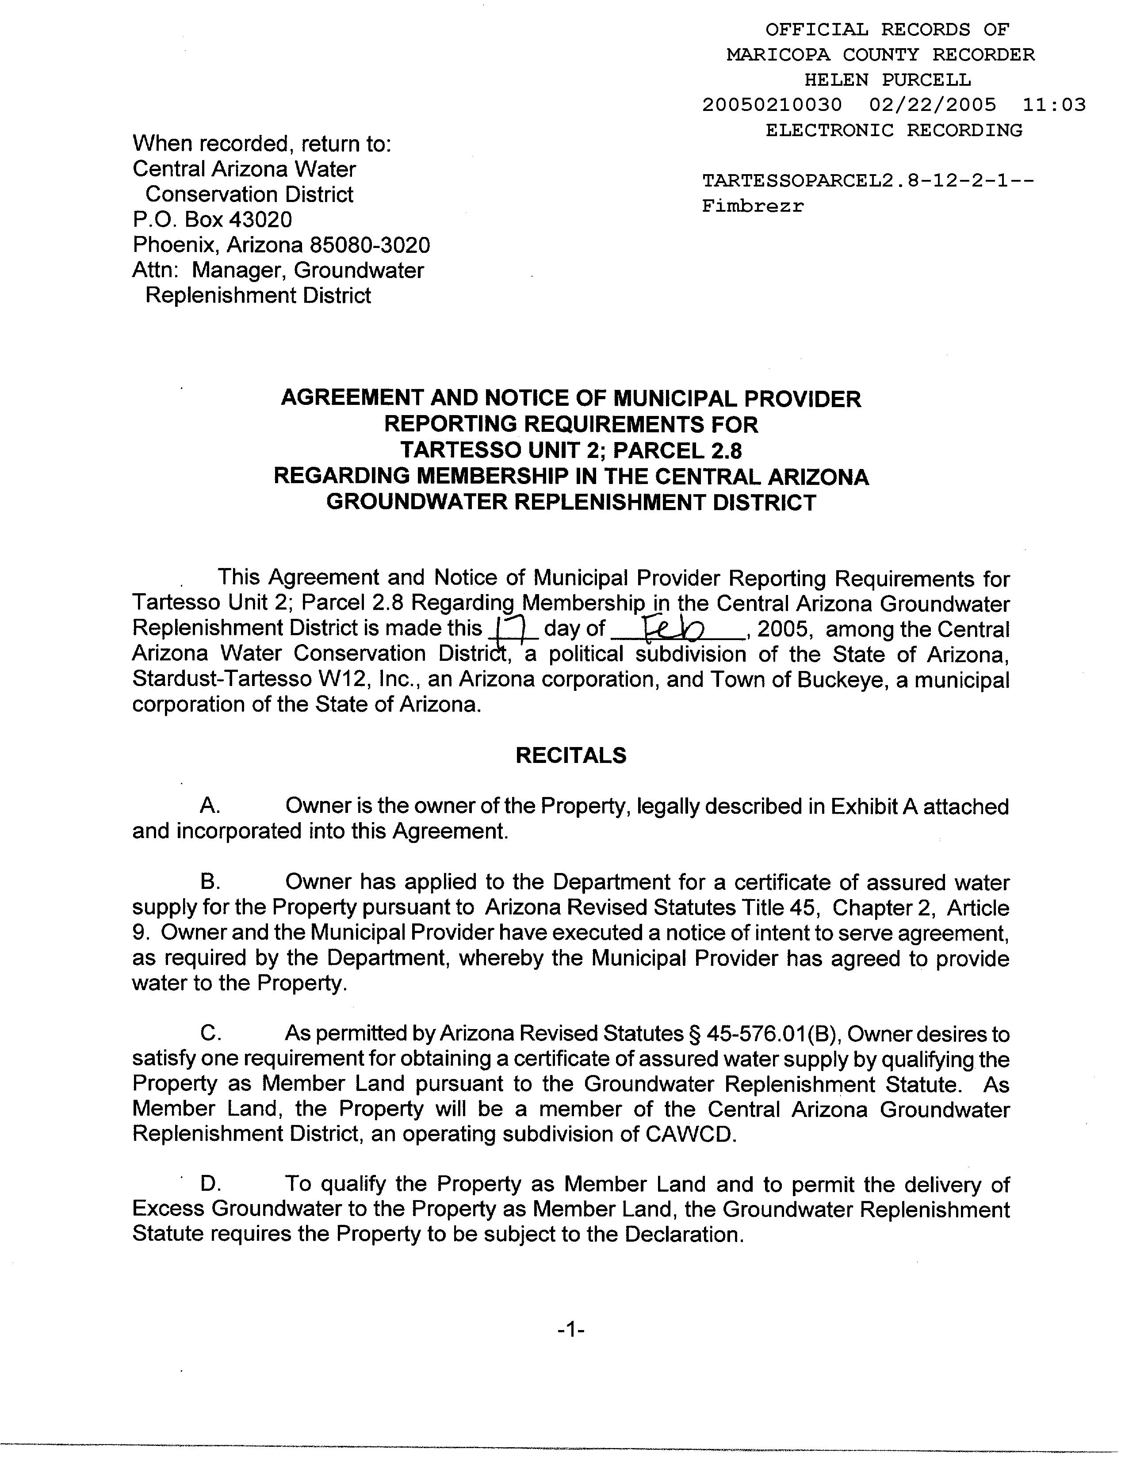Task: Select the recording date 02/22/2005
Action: click(x=933, y=105)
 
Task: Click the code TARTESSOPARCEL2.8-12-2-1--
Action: click(x=869, y=181)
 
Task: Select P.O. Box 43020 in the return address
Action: click(x=212, y=220)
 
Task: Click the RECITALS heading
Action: click(x=570, y=755)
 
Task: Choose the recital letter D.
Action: click(x=210, y=1185)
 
